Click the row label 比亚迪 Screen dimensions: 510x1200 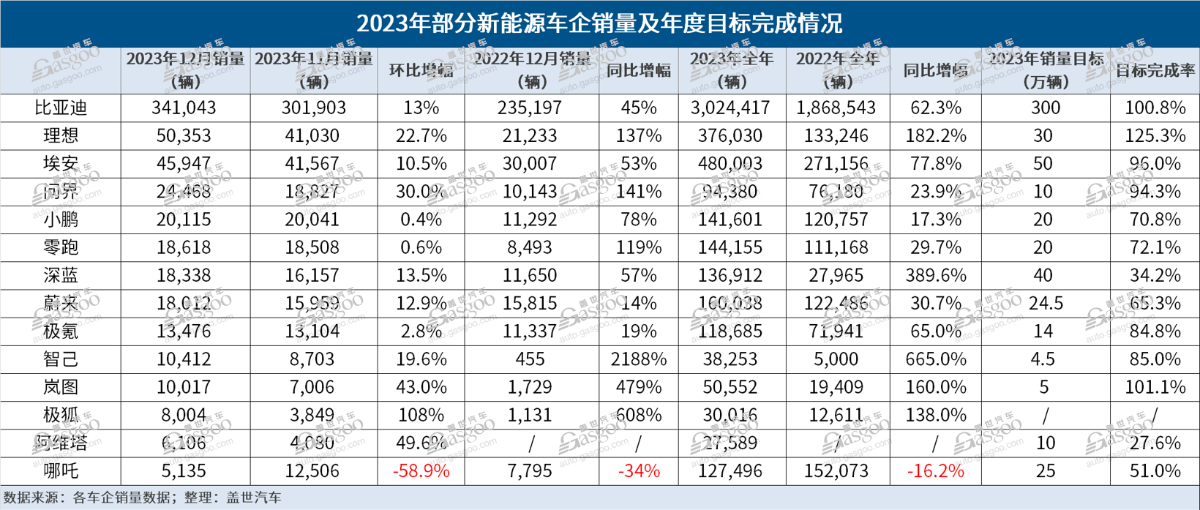click(61, 108)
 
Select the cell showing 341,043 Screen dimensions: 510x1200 click(184, 108)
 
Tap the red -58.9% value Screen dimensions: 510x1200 click(421, 471)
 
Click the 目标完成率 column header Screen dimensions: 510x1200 click(1155, 71)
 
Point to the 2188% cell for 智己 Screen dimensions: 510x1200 click(638, 359)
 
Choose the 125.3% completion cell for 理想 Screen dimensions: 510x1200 click(1155, 136)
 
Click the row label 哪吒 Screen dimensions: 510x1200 click(61, 471)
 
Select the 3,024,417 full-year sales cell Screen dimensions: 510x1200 click(730, 108)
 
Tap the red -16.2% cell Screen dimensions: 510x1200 click(934, 471)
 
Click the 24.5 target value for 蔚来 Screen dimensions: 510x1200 click(1046, 304)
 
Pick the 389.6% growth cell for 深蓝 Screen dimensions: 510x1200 click(934, 276)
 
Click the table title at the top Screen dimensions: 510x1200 click(599, 23)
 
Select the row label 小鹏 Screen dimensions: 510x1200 click(61, 220)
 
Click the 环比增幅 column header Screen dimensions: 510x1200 click(421, 71)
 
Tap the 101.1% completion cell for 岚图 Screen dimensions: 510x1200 click(1155, 387)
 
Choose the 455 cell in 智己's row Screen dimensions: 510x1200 click(530, 359)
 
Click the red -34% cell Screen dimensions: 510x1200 click(638, 471)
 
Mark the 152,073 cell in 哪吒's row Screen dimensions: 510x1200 click(836, 471)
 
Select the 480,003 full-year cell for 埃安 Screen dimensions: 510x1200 click(730, 164)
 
